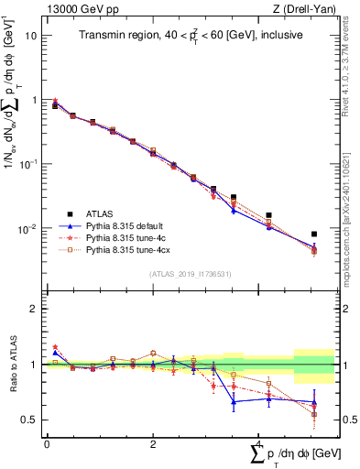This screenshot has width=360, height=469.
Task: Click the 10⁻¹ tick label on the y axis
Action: click(x=29, y=163)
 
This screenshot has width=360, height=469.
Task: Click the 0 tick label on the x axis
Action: click(x=47, y=443)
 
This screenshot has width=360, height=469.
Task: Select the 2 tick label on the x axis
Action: click(x=153, y=443)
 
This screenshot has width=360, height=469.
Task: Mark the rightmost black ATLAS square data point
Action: click(x=314, y=234)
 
